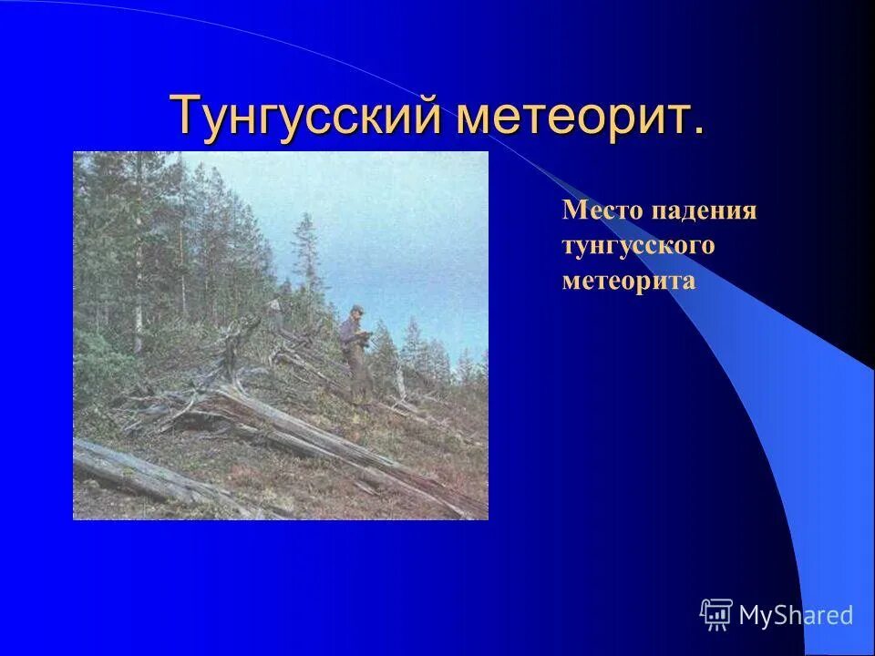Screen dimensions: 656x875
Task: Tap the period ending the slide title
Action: pos(699,133)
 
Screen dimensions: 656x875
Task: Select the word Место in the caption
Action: pos(602,211)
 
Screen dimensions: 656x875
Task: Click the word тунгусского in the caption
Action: pos(638,246)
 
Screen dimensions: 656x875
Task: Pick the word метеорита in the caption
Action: pos(629,281)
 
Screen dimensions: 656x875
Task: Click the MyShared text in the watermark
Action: pos(796,615)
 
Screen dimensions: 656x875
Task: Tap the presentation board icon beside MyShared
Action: pos(716,615)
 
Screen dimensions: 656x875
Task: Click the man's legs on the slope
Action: pos(357,383)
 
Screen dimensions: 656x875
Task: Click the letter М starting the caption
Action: pos(571,211)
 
